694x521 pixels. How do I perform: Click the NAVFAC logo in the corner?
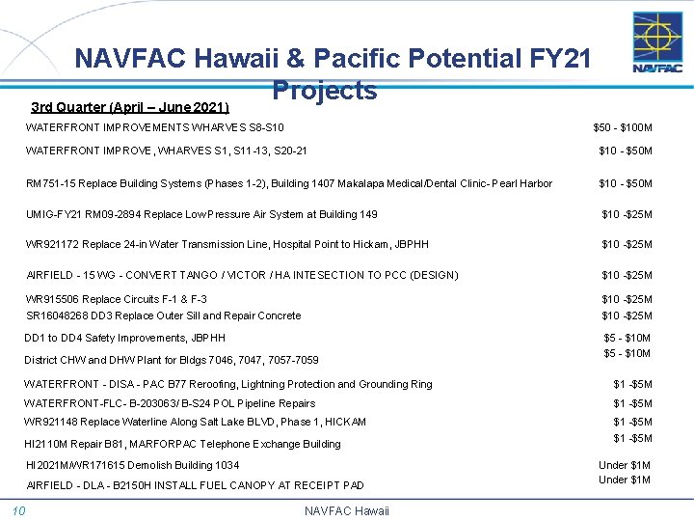click(x=657, y=42)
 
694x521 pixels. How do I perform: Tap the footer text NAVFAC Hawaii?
click(x=346, y=510)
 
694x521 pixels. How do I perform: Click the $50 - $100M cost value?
click(x=623, y=127)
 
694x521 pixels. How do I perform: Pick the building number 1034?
click(x=227, y=465)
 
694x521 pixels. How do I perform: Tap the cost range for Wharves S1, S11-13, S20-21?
click(x=626, y=151)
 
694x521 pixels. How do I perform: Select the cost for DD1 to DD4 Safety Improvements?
click(x=627, y=338)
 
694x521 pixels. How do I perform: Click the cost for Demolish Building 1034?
click(x=625, y=464)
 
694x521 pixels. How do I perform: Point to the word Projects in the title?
click(x=324, y=91)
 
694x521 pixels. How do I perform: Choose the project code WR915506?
click(x=53, y=299)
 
